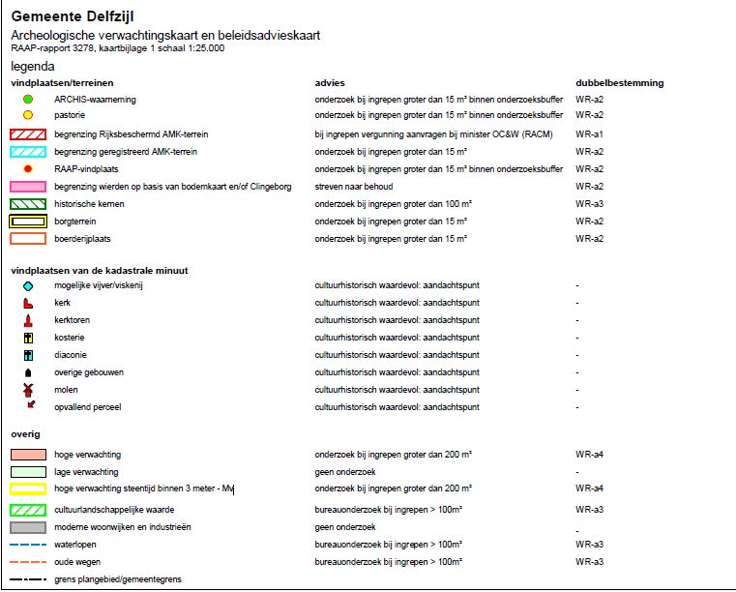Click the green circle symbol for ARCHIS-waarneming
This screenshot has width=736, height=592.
point(28,100)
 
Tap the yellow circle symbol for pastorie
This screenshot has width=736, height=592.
point(28,116)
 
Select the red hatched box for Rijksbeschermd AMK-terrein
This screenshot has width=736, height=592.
point(28,134)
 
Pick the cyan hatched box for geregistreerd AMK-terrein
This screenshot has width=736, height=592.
point(28,152)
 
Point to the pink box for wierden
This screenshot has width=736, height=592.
point(28,187)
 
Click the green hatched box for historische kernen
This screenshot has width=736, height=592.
point(28,204)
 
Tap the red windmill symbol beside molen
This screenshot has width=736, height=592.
point(28,389)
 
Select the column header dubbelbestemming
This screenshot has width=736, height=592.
point(620,83)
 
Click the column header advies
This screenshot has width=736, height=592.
point(330,83)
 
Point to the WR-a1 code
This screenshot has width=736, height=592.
point(589,134)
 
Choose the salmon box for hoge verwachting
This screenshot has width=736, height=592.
point(28,455)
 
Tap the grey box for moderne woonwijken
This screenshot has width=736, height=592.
point(28,527)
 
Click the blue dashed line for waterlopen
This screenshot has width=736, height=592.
point(28,545)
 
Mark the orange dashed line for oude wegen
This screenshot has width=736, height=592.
point(28,562)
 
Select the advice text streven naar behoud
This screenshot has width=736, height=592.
point(354,187)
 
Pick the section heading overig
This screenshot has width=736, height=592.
point(25,434)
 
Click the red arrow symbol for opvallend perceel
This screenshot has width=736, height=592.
point(30,406)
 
